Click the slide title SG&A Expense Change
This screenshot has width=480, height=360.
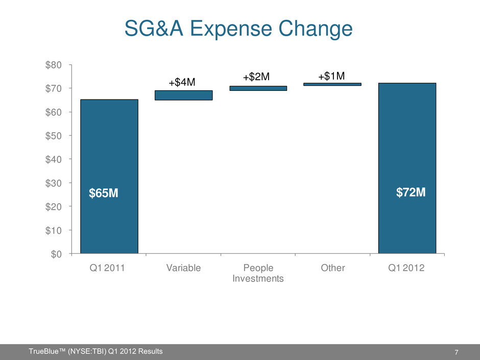coord(239,29)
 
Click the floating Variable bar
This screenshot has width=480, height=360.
coord(183,95)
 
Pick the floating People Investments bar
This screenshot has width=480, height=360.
coord(258,88)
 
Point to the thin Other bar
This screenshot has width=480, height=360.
coord(332,84)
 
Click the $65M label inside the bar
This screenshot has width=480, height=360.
coord(105,194)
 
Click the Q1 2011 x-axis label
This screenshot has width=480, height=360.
coord(109,269)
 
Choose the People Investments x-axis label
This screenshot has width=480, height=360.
coord(258,274)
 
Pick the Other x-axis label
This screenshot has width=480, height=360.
coord(332,269)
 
